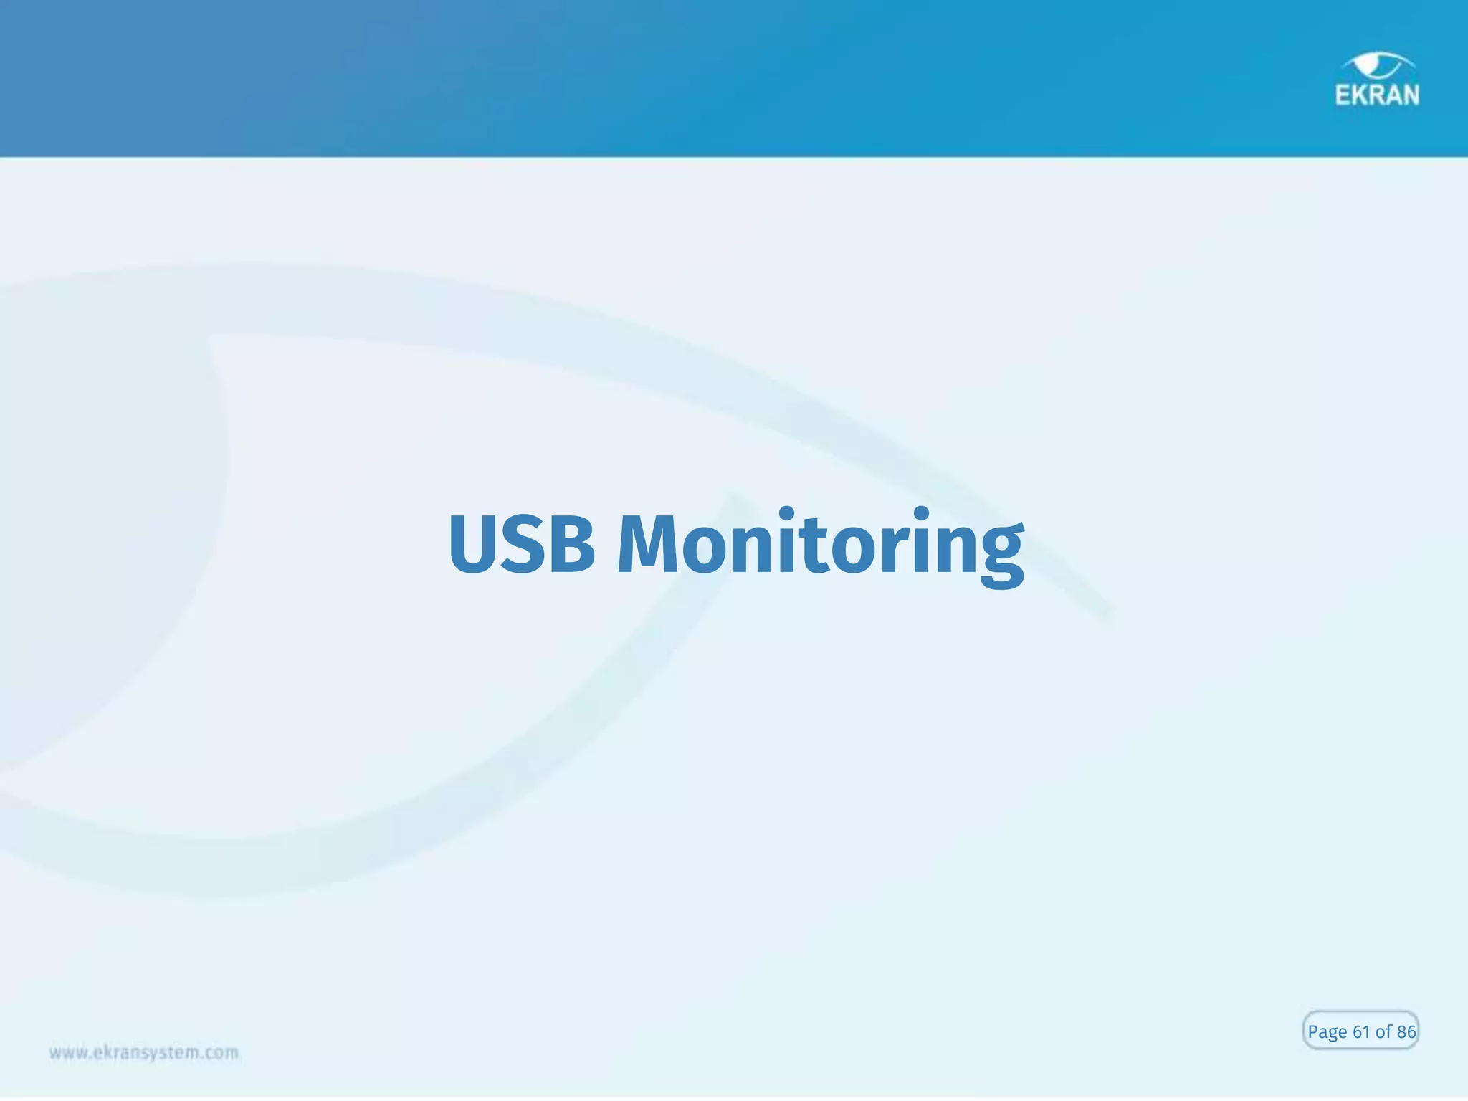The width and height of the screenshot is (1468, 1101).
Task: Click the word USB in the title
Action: pos(522,544)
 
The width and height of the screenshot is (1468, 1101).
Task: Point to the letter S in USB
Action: pos(525,544)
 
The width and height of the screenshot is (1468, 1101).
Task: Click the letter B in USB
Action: pos(571,544)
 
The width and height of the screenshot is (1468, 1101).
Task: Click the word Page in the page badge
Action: pos(1327,1032)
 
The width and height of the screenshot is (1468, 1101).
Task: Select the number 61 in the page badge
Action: pos(1361,1031)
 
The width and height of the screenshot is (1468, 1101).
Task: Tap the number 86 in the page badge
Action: pos(1406,1031)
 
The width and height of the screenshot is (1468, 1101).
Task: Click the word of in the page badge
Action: pos(1383,1031)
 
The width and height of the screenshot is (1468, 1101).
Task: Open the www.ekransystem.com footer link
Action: pos(143,1053)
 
